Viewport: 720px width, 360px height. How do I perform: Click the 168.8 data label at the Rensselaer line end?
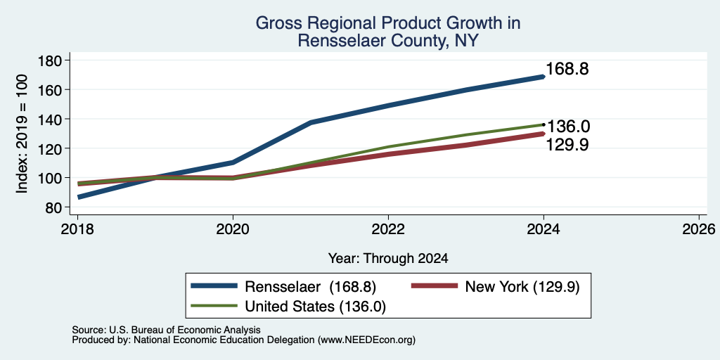tap(567, 70)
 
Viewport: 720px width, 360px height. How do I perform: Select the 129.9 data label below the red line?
tap(567, 145)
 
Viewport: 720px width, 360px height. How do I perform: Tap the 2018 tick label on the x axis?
tap(77, 229)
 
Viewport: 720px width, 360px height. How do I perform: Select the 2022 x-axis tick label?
tap(388, 229)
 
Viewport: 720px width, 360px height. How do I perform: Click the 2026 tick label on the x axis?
tap(699, 229)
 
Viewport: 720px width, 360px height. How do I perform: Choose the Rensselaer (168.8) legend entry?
tap(284, 287)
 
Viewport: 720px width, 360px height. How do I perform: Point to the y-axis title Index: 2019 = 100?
tap(22, 134)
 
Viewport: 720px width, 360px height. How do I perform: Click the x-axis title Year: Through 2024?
tap(388, 259)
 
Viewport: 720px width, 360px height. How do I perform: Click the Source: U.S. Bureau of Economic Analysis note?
tap(166, 330)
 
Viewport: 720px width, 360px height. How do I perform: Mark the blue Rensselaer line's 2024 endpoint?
tap(544, 77)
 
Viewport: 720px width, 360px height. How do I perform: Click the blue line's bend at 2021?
tap(311, 122)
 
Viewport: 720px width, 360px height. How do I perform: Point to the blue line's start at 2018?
tap(79, 197)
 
